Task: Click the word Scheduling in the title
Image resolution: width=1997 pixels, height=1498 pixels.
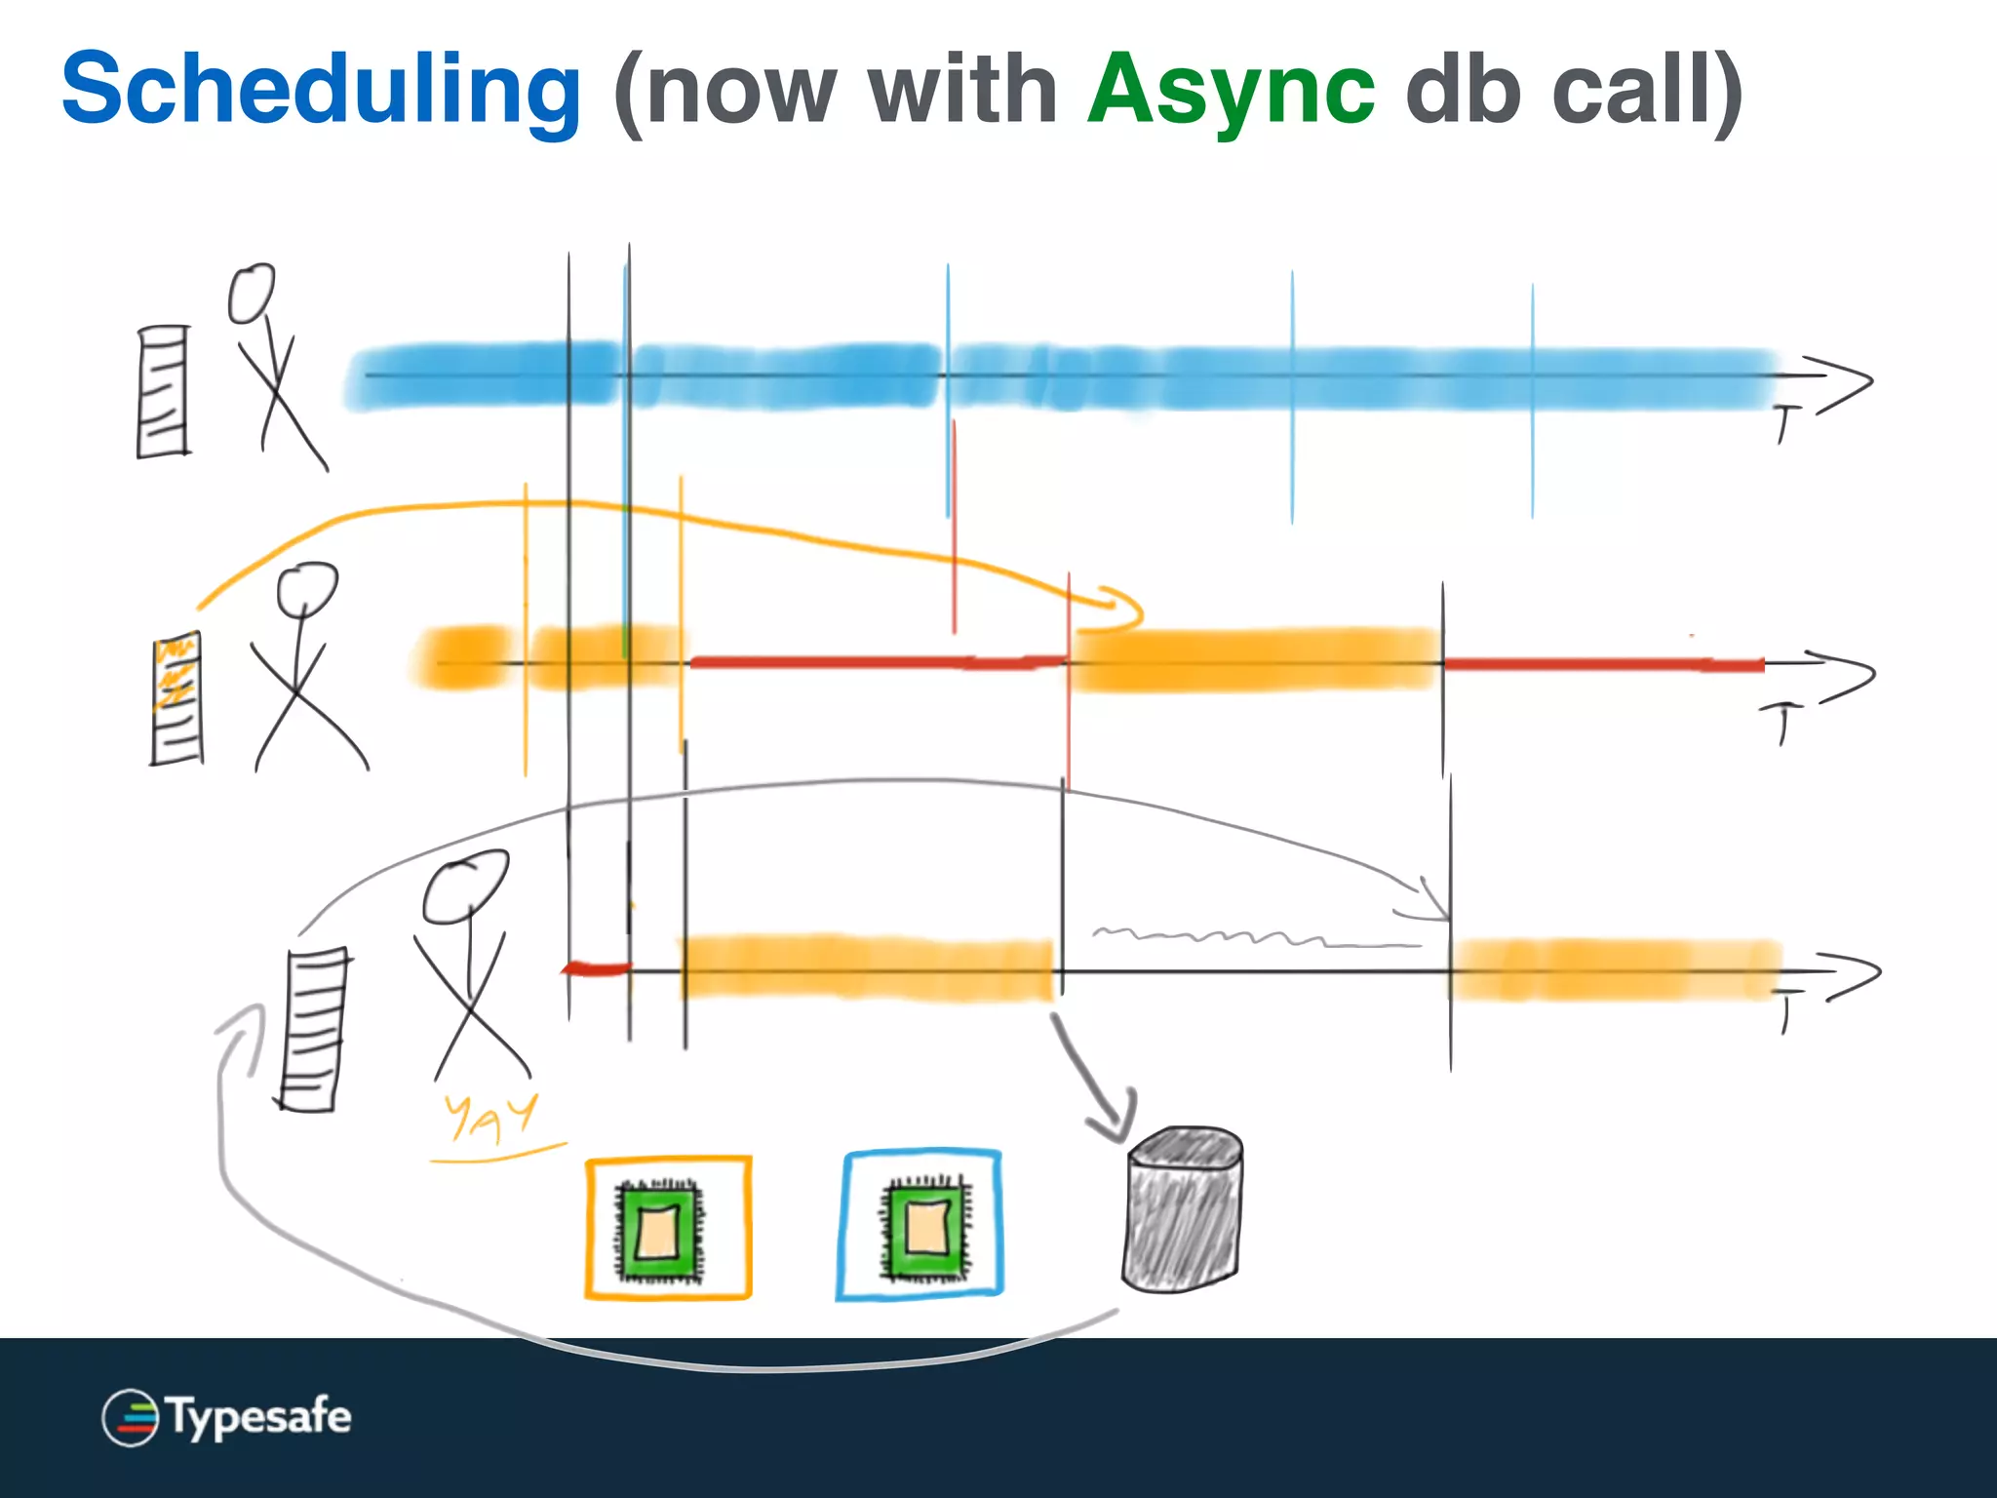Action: click(x=322, y=90)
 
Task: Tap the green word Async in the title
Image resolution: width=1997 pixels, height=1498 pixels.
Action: click(x=1231, y=90)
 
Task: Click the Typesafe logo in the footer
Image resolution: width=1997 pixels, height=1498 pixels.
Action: click(x=226, y=1416)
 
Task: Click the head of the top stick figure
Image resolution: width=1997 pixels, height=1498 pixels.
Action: click(x=252, y=293)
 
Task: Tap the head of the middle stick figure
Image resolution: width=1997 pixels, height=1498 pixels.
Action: click(x=306, y=587)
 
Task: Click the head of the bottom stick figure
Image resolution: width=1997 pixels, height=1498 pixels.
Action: click(x=464, y=886)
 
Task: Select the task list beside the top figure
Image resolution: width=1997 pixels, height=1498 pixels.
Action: click(x=163, y=391)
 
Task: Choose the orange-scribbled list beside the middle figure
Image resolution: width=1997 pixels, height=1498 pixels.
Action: click(x=176, y=698)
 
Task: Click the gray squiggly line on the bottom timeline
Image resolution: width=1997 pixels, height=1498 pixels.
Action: click(x=1248, y=938)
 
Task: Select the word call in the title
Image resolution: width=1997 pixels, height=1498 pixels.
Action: click(x=1630, y=90)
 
